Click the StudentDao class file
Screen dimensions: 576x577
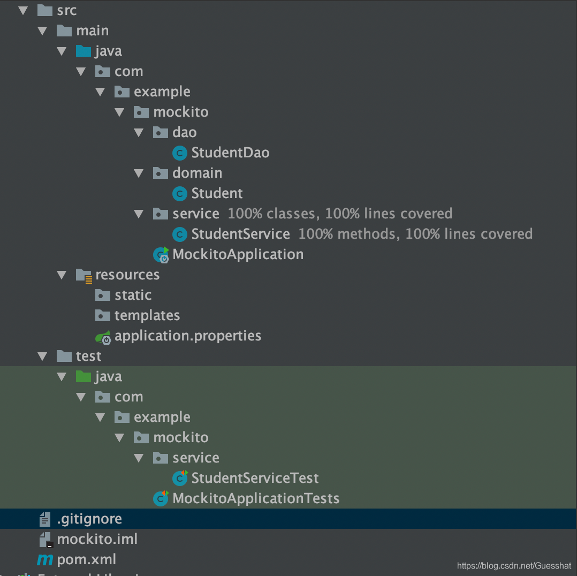230,153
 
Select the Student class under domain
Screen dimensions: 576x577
217,193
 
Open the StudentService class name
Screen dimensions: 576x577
240,234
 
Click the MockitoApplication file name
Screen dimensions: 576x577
238,254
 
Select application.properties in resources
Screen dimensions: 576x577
187,336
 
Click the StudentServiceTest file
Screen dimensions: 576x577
255,478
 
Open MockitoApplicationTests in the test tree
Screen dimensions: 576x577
255,498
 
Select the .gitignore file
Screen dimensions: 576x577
89,519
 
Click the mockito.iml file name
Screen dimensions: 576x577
97,539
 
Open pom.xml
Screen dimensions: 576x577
86,559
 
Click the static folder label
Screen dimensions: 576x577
133,295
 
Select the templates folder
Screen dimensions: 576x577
147,315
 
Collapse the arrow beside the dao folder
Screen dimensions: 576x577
139,132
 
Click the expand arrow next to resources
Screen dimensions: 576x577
62,275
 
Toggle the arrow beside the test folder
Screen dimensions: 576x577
43,356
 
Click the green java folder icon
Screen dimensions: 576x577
83,376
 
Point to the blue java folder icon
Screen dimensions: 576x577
83,51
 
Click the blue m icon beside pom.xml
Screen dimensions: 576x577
45,560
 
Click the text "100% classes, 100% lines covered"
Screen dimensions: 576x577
340,214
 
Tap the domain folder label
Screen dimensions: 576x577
197,173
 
